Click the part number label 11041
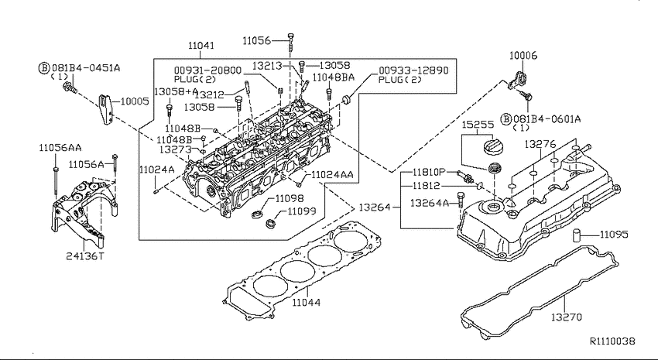click(201, 46)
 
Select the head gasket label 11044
click(306, 302)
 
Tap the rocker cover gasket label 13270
click(567, 317)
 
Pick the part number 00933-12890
click(413, 70)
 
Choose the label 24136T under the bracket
click(84, 255)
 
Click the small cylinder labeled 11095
click(578, 236)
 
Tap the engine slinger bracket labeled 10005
click(106, 110)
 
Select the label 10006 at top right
click(523, 56)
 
